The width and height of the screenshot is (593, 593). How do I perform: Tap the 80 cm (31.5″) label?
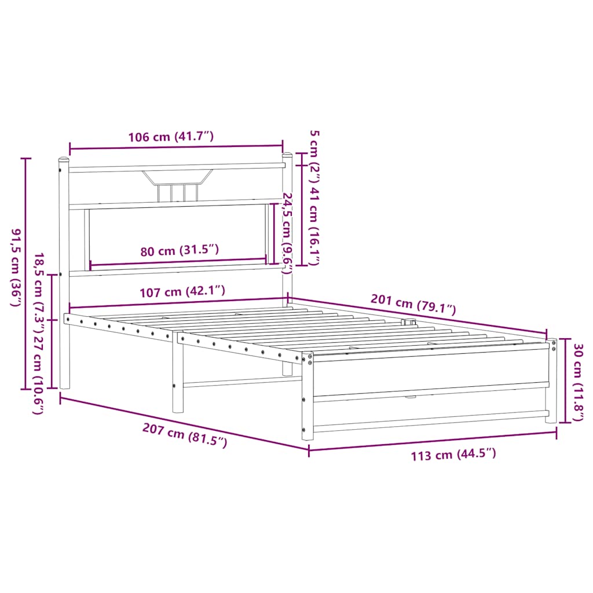[180, 251]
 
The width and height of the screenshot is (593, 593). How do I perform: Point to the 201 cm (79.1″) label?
[413, 305]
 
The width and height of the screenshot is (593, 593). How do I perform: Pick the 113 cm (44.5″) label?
[453, 455]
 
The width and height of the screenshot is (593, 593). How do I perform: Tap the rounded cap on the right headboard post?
[287, 155]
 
